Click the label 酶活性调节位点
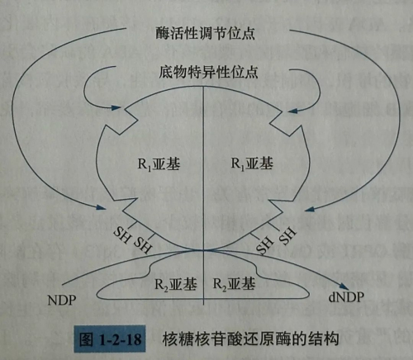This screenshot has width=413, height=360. pyautogui.click(x=205, y=33)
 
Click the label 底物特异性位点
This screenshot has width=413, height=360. pyautogui.click(x=208, y=72)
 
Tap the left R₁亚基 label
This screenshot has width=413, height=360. pyautogui.click(x=159, y=164)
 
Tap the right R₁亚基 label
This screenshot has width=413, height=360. pyautogui.click(x=252, y=163)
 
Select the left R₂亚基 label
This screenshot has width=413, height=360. pyautogui.click(x=176, y=284)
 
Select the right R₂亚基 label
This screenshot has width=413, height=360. pyautogui.click(x=234, y=283)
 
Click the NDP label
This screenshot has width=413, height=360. pyautogui.click(x=62, y=300)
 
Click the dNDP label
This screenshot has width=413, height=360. pyautogui.click(x=346, y=297)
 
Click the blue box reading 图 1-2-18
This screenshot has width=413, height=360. pyautogui.click(x=110, y=339)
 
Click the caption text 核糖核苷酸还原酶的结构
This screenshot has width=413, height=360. pyautogui.click(x=250, y=339)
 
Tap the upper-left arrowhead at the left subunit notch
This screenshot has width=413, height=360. pyautogui.click(x=116, y=107)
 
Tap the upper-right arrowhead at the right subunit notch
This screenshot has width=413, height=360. pyautogui.click(x=292, y=111)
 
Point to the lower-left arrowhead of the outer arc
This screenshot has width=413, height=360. pyautogui.click(x=101, y=207)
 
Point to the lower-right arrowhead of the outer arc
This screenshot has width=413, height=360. pyautogui.click(x=310, y=210)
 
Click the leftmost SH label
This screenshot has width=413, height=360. pyautogui.click(x=121, y=234)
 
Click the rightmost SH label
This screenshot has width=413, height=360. pyautogui.click(x=287, y=235)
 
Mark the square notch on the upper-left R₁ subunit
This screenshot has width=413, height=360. pyautogui.click(x=122, y=121)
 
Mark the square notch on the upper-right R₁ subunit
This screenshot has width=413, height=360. pyautogui.click(x=287, y=122)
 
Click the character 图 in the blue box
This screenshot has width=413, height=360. pyautogui.click(x=87, y=339)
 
